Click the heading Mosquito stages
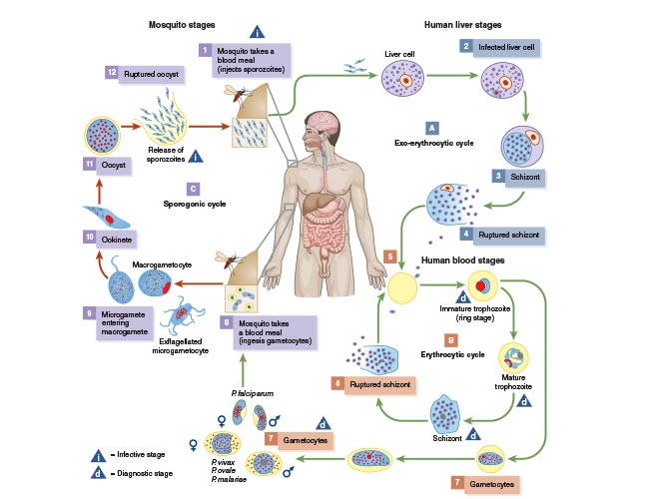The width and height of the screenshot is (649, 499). pos(182,25)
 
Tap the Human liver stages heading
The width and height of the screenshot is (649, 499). pos(462,25)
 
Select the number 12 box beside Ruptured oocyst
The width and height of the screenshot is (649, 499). pos(112,73)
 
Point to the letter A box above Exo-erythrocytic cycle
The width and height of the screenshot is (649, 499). pos(431,128)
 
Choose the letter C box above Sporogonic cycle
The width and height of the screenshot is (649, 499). pos(193,189)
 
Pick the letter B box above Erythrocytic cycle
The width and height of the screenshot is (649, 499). pos(450,340)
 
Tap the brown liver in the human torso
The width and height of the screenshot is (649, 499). pos(319,203)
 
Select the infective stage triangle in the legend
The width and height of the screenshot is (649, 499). pos(98,455)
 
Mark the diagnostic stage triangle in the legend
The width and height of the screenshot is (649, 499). pos(98,472)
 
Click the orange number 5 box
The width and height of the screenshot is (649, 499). pos(389,256)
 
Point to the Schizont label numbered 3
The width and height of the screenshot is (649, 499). pos(525,177)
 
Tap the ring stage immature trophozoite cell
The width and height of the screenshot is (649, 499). pos(482,285)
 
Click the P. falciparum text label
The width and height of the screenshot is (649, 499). pos(252,393)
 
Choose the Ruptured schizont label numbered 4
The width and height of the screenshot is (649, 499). pos(508,235)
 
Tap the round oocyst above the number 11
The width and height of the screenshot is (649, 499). pos(102,136)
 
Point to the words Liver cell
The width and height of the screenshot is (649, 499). pos(399,54)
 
